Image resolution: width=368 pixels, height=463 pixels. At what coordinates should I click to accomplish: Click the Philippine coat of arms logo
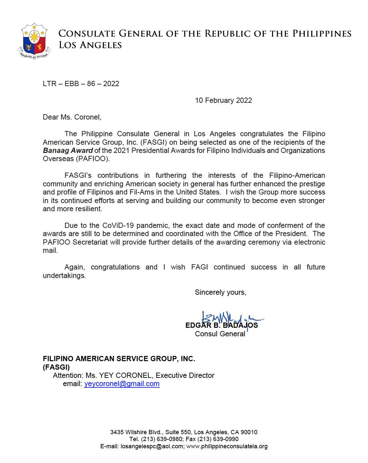tap(34, 41)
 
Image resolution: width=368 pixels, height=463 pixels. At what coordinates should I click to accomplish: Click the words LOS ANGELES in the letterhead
tap(90, 45)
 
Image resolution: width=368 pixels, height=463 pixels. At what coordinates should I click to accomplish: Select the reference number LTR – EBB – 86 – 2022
tap(81, 84)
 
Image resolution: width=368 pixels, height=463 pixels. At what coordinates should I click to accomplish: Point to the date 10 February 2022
tap(223, 101)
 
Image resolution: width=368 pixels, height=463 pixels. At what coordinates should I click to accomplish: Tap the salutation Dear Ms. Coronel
tap(72, 117)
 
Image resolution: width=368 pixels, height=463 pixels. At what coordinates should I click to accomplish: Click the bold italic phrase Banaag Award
tap(68, 151)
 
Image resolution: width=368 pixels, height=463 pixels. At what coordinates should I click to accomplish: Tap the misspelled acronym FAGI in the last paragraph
tap(199, 267)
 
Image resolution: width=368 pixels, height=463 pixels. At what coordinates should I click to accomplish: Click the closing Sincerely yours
tap(220, 292)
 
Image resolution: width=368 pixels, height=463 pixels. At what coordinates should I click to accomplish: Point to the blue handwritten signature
tap(229, 318)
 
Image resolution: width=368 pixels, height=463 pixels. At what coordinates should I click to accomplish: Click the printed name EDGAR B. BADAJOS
tap(221, 325)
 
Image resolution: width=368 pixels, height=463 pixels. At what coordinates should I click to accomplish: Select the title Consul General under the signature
tap(220, 334)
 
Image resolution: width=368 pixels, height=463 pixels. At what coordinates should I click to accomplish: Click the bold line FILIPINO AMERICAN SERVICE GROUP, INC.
tap(119, 359)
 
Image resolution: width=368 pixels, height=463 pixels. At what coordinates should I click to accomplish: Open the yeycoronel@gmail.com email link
tap(122, 384)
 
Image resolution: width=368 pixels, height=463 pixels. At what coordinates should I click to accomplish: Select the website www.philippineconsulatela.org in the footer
tap(227, 446)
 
